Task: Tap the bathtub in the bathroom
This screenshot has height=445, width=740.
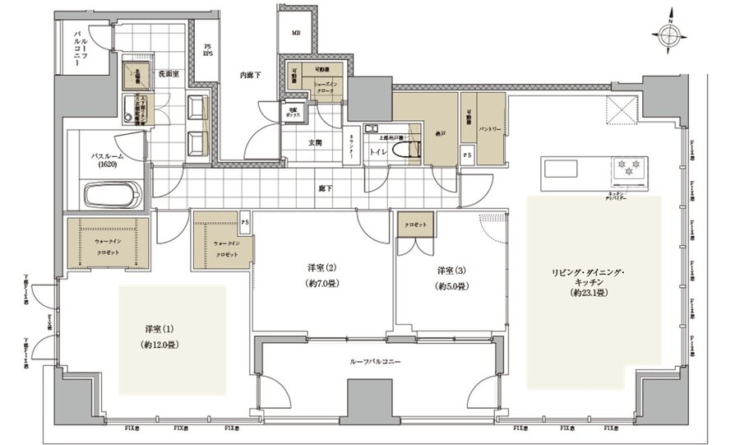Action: click(113, 197)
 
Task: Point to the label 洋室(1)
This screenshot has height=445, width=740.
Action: click(155, 329)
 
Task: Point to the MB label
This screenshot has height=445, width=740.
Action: click(294, 34)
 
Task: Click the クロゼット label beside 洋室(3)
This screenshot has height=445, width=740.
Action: click(413, 224)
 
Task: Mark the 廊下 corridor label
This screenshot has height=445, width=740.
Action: click(326, 188)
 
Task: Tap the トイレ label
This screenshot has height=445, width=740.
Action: click(378, 151)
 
